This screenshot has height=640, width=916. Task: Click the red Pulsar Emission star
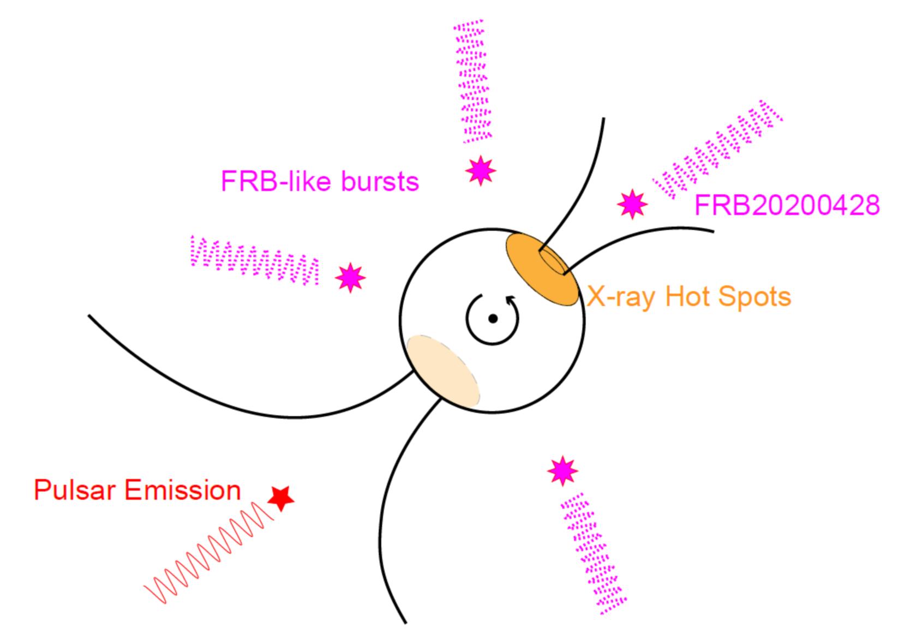281,498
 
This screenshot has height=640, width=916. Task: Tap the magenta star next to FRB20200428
632,204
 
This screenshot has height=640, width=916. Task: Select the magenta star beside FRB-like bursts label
481,170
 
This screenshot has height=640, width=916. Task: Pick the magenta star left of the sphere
350,278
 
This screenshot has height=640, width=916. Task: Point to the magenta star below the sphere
562,470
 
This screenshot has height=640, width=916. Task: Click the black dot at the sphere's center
493,319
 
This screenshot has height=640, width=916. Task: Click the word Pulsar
75,491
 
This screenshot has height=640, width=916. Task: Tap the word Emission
182,491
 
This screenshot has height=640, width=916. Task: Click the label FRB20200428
787,206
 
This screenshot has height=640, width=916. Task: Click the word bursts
380,181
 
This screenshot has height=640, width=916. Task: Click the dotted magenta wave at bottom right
594,552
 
